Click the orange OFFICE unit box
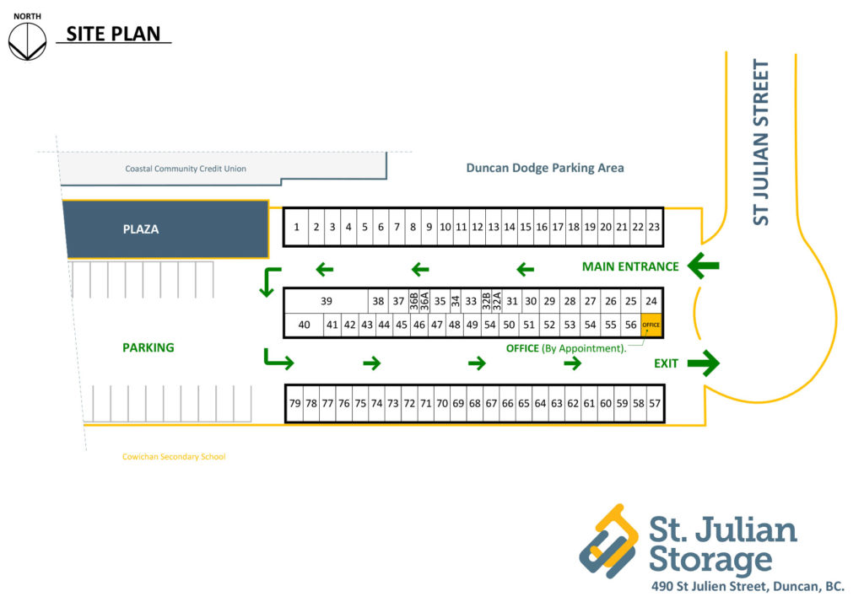tap(651, 325)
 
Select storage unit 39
tap(327, 301)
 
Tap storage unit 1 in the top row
tap(296, 227)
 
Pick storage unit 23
tap(654, 227)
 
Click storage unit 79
tap(294, 404)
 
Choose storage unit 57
tap(655, 404)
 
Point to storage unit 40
tap(305, 325)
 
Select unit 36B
tap(413, 301)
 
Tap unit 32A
tap(498, 301)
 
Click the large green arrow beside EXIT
tap(703, 363)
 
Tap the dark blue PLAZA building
tap(167, 228)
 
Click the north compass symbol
tap(27, 41)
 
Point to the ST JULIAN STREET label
tap(762, 142)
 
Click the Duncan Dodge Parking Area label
tap(545, 168)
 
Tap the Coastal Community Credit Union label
tap(186, 169)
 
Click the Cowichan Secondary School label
tap(174, 457)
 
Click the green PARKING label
tap(148, 347)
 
